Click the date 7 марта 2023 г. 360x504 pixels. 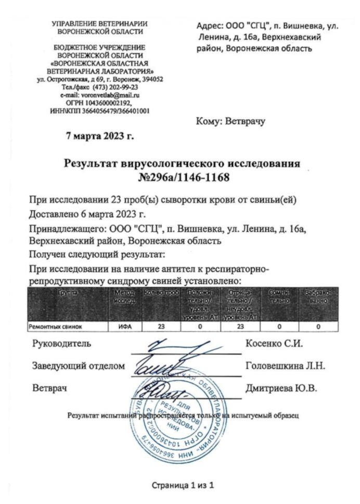(100, 136)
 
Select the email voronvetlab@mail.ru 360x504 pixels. (100, 95)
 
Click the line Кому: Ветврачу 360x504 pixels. (230, 121)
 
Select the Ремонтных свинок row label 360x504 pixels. (54, 327)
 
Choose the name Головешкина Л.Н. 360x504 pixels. (285, 366)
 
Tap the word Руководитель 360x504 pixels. (62, 344)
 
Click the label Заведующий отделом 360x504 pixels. (79, 366)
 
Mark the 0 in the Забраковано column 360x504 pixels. (318, 327)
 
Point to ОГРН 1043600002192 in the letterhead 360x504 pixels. (100, 103)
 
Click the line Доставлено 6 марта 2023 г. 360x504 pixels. (88, 214)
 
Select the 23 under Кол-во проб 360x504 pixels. (161, 327)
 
